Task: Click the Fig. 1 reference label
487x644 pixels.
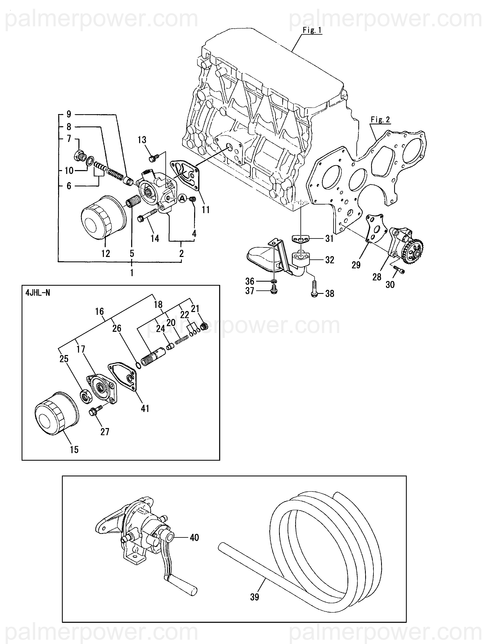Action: click(312, 30)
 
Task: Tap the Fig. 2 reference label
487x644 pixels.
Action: click(380, 120)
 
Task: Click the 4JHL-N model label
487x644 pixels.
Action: click(38, 293)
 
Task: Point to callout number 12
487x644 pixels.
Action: click(106, 253)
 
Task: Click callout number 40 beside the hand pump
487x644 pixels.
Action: click(194, 537)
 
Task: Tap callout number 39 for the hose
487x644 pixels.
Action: click(254, 597)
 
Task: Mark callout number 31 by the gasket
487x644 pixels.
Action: click(329, 239)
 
